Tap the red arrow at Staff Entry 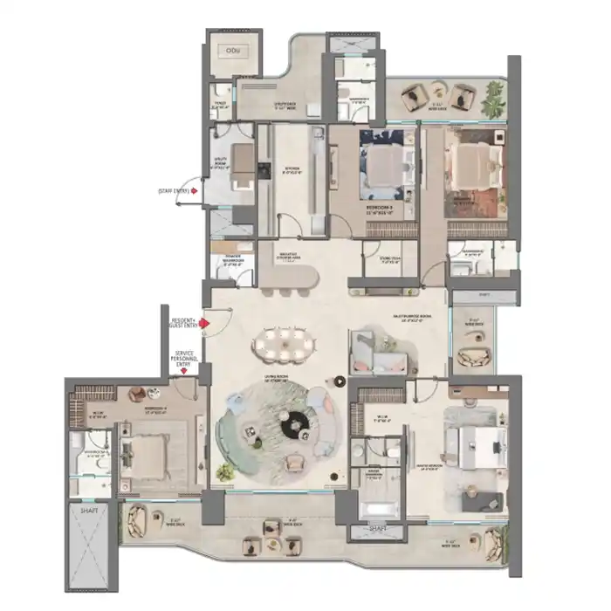194,189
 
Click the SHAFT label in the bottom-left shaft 90,511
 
